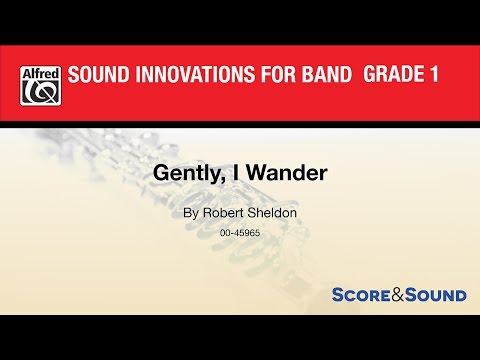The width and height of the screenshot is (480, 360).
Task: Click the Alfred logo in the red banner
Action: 40,85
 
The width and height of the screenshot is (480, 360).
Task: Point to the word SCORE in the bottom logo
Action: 363,295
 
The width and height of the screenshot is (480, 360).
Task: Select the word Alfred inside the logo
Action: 40,72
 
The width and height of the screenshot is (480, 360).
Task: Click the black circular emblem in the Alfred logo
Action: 40,93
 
